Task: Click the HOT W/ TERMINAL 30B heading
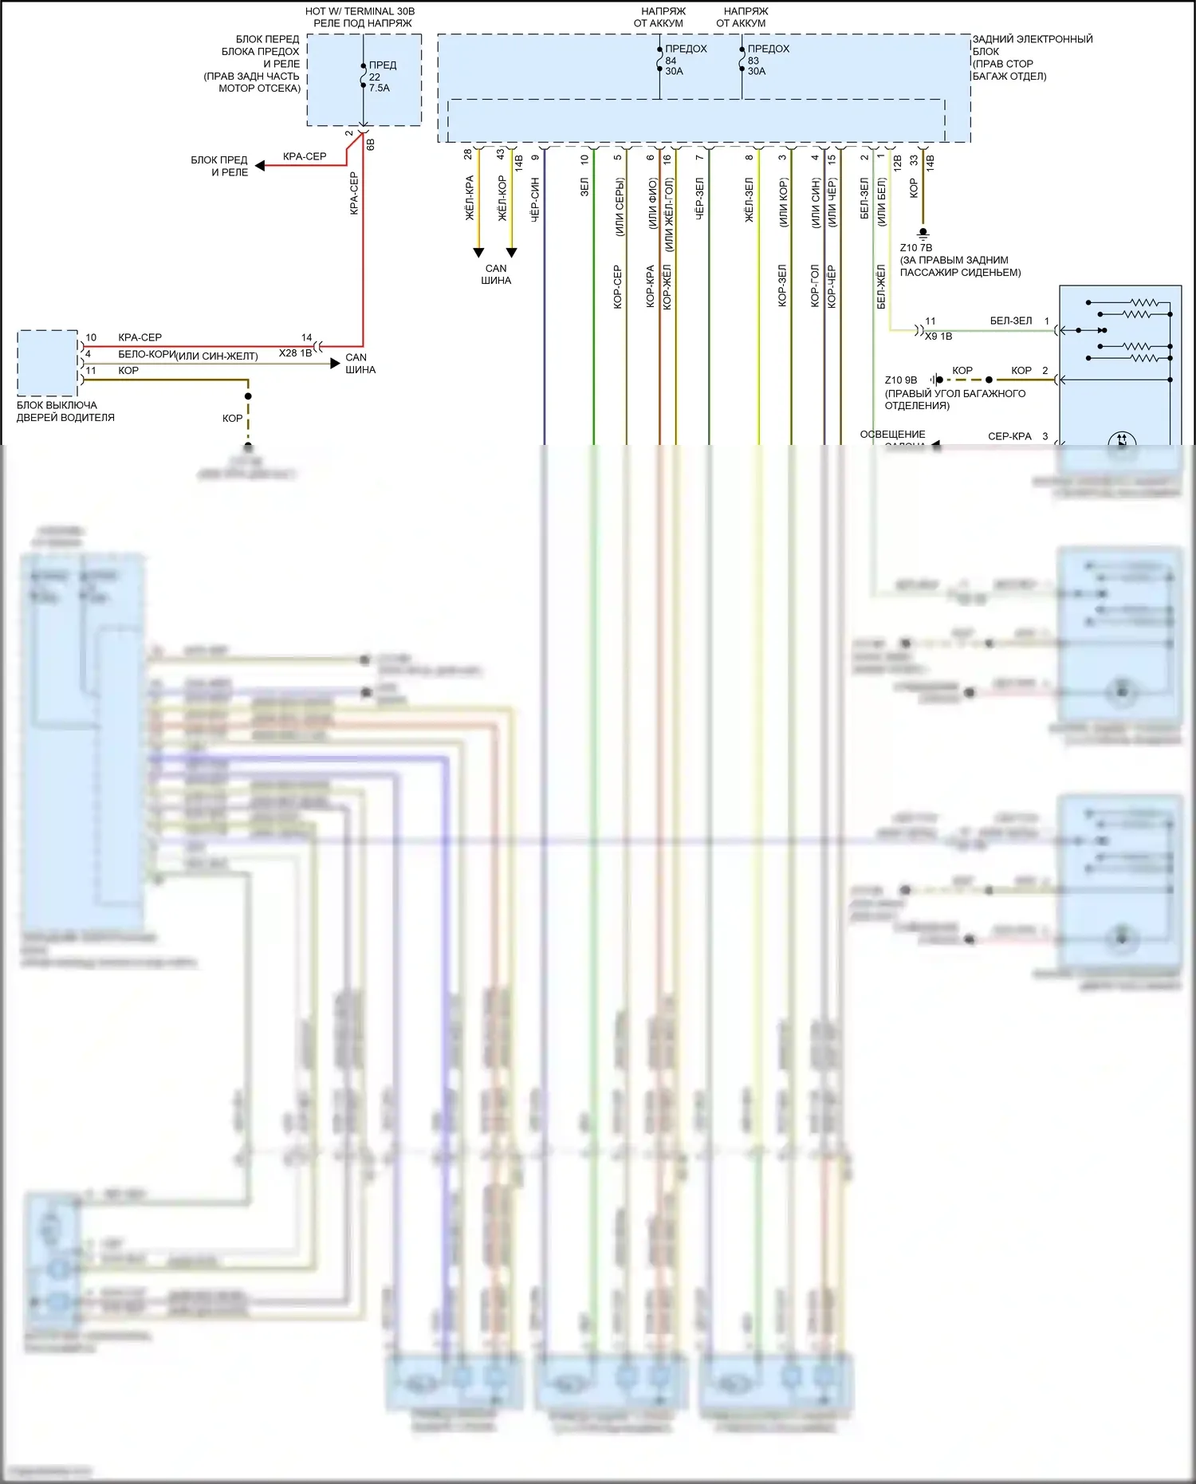click(360, 11)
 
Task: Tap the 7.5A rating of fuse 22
click(380, 89)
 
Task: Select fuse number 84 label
click(671, 61)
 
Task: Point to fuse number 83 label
click(753, 61)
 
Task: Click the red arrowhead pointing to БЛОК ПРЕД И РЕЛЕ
click(260, 166)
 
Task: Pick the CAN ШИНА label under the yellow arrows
click(496, 274)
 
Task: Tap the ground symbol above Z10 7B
click(923, 234)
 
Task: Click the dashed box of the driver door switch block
click(48, 363)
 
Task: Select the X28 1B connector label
click(295, 353)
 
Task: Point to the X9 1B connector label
click(938, 337)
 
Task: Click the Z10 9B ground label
click(901, 380)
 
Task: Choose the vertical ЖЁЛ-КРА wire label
click(470, 199)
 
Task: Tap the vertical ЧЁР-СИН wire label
click(536, 199)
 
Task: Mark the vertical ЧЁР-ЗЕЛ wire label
click(700, 199)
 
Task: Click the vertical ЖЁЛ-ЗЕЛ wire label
click(749, 199)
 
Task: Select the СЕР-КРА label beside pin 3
click(1009, 436)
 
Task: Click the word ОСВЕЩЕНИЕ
click(892, 435)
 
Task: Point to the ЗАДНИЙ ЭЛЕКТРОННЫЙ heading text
click(1033, 39)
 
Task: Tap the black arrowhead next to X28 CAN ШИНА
click(335, 364)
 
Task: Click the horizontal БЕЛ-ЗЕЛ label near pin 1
click(1011, 321)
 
